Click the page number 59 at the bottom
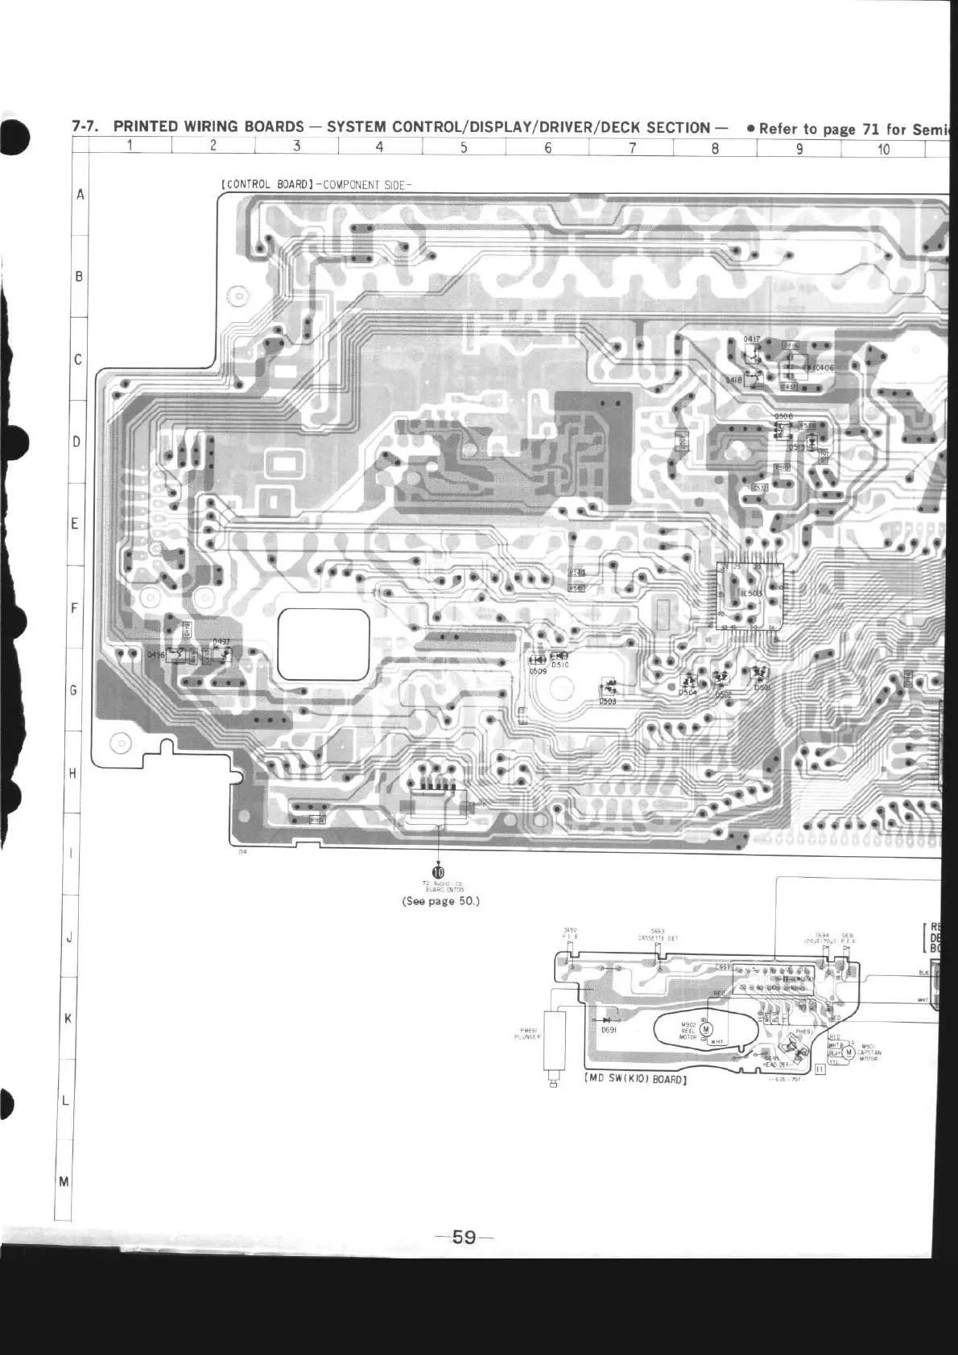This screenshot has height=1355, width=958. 464,1237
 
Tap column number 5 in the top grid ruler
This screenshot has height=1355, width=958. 464,147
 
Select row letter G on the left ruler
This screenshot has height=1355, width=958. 74,690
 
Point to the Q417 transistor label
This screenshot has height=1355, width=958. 751,340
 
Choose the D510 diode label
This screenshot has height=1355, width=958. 560,665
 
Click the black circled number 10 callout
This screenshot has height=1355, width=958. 438,871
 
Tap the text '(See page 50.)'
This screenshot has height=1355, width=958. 440,900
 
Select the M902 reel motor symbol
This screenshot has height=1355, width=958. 706,1029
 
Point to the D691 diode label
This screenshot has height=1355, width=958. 609,1029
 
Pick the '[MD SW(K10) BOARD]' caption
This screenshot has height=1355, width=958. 635,1080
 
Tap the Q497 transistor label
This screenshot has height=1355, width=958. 221,642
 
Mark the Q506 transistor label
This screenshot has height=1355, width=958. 783,416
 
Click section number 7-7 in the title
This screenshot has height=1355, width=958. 85,126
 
